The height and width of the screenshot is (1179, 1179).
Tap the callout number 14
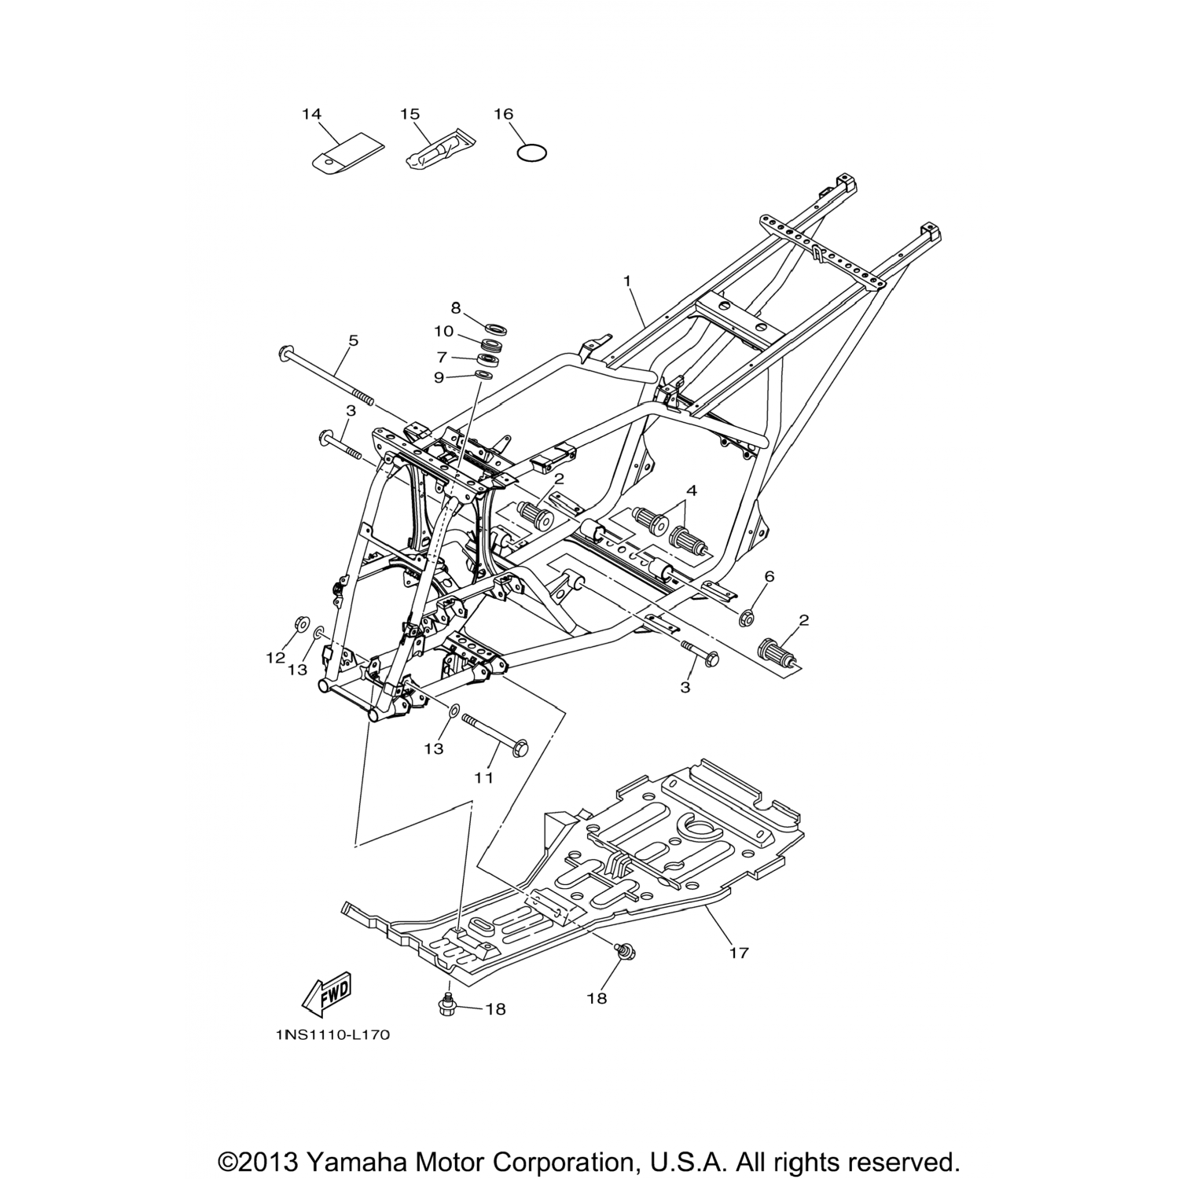pyautogui.click(x=311, y=115)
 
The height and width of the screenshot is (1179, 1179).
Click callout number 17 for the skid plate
pyautogui.click(x=738, y=953)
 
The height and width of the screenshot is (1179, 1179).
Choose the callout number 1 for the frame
pyautogui.click(x=627, y=281)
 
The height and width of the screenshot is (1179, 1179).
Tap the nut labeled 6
pyautogui.click(x=747, y=619)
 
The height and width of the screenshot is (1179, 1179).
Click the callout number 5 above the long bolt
pyautogui.click(x=353, y=340)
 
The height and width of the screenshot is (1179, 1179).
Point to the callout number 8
pyautogui.click(x=456, y=307)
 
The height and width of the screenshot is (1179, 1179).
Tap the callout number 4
pyautogui.click(x=691, y=490)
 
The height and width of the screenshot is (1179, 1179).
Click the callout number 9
pyautogui.click(x=439, y=377)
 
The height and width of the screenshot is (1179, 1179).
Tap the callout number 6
pyautogui.click(x=769, y=576)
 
